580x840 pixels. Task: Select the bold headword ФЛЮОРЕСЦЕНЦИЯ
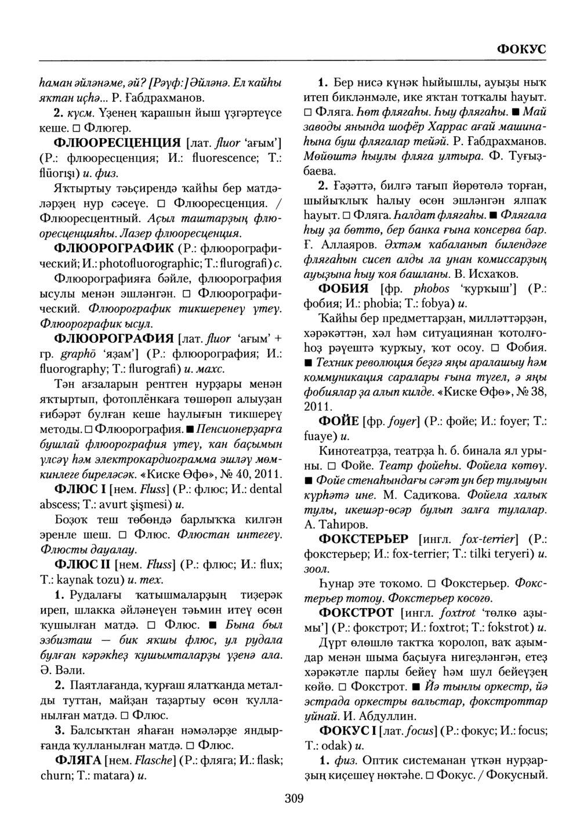point(110,142)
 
